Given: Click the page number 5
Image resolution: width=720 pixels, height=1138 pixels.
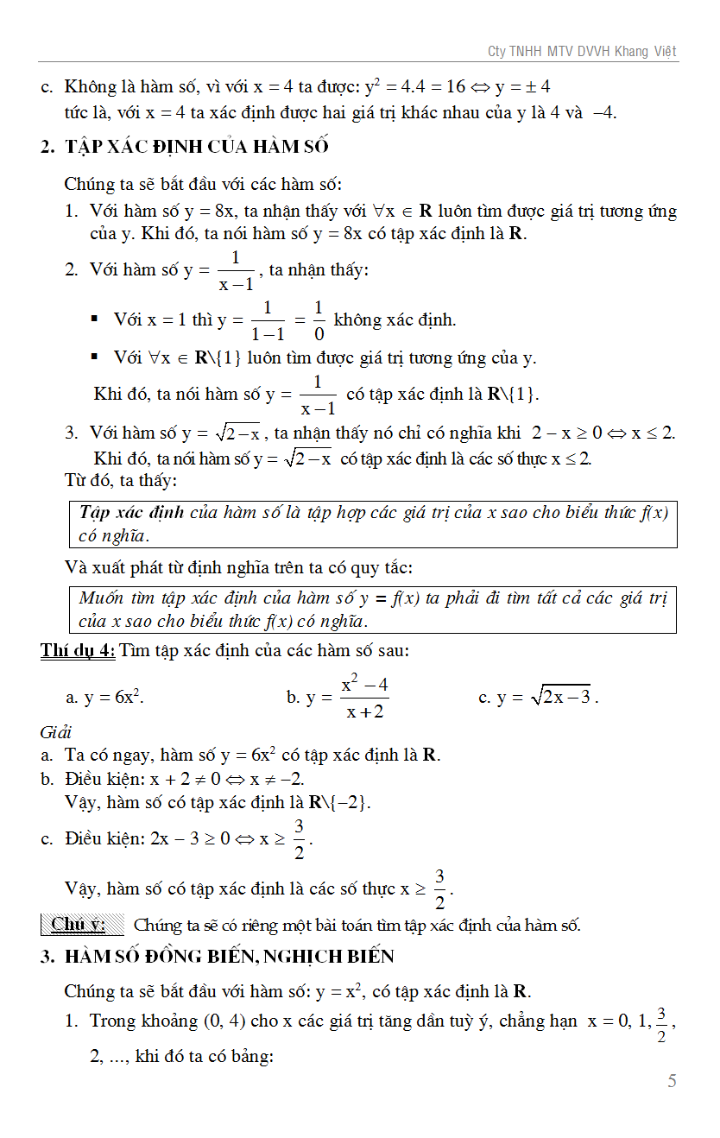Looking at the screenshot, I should (672, 1080).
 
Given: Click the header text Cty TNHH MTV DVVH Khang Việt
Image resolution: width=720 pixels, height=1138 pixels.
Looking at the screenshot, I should (583, 52).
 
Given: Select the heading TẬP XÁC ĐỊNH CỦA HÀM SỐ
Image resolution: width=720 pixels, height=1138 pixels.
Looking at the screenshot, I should (196, 146).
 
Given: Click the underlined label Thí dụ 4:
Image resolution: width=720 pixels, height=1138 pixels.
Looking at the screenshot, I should (78, 650).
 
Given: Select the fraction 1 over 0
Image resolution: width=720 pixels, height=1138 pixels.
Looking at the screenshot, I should (319, 320).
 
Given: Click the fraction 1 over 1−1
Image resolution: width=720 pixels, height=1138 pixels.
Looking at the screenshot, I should (268, 320).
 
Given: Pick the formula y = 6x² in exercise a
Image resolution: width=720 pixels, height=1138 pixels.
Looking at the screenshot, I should (104, 698).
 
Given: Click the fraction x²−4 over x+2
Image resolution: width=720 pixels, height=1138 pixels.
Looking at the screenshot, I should (364, 698).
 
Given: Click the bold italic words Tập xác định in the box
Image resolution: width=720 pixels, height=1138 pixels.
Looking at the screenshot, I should (131, 512).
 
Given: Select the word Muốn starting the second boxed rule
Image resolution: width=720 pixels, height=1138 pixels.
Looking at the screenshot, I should (102, 597).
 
